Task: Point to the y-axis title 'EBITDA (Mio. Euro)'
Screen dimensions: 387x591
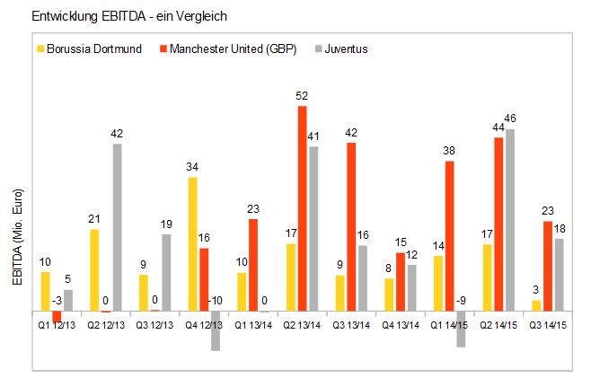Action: [17, 238]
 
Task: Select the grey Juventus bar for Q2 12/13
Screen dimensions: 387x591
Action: [118, 227]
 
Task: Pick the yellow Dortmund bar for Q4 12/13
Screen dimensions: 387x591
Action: [192, 244]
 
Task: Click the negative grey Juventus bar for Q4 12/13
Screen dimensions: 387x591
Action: [216, 331]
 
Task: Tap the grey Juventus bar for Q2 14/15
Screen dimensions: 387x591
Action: [509, 220]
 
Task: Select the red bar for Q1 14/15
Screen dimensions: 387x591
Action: [448, 236]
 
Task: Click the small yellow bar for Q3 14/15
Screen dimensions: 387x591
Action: [536, 306]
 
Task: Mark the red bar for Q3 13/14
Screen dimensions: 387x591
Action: [350, 227]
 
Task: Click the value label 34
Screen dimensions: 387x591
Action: [191, 168]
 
